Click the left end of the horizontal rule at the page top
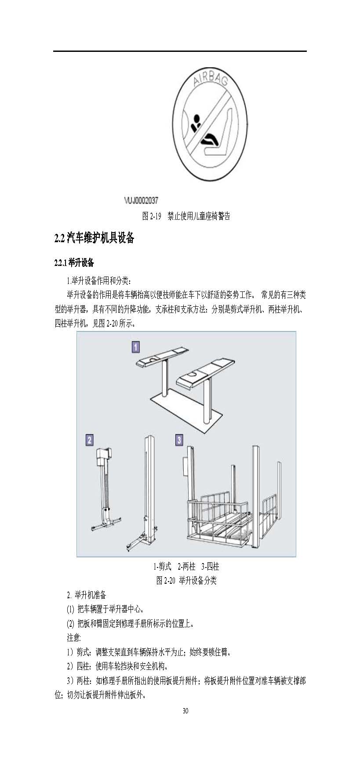(54, 51)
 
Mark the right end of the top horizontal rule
(306, 51)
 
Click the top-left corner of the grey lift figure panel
(77, 331)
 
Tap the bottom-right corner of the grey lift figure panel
(296, 557)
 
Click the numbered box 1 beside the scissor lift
(136, 347)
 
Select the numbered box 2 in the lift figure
(90, 440)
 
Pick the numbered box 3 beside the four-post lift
(179, 440)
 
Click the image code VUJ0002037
(141, 200)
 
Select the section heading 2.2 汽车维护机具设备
(94, 238)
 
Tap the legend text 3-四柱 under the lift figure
(210, 567)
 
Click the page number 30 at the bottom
(185, 711)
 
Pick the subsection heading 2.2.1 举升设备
(74, 263)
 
